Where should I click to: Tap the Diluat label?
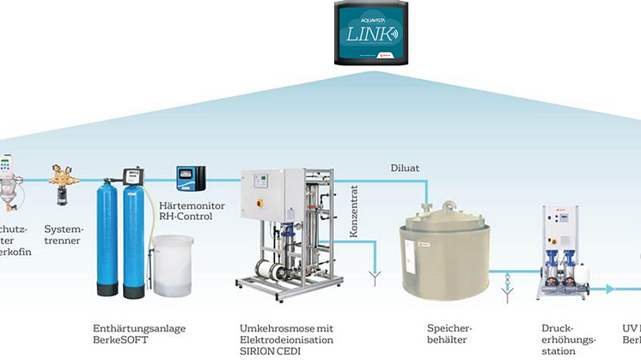405,168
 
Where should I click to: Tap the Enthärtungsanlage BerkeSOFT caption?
138,333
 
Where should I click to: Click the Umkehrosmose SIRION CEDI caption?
287,339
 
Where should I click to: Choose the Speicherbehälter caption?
448,333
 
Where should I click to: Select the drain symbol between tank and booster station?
508,282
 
